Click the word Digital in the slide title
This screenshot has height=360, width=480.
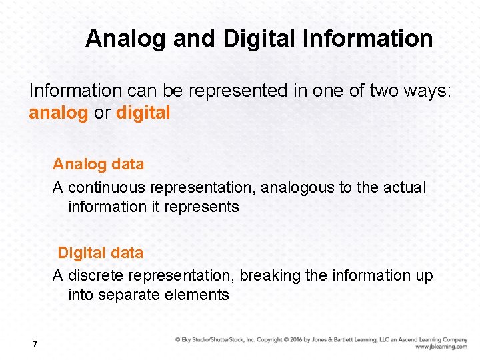click(x=260, y=39)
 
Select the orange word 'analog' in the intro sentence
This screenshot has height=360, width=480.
click(x=58, y=113)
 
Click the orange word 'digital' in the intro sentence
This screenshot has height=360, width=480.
click(x=143, y=113)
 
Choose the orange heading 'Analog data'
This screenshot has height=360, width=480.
click(x=98, y=163)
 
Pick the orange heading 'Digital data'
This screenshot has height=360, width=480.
click(x=100, y=253)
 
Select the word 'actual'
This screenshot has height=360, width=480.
click(x=404, y=187)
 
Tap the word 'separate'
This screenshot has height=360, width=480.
click(x=127, y=295)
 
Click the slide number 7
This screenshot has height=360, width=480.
click(x=35, y=344)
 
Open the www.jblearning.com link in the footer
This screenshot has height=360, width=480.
click(x=441, y=347)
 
